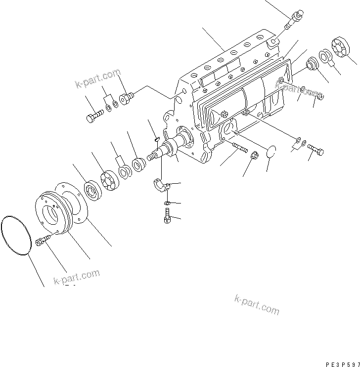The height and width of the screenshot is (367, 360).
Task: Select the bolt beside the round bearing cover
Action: point(44,241)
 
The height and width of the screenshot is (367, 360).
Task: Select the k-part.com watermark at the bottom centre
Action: point(257,304)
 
